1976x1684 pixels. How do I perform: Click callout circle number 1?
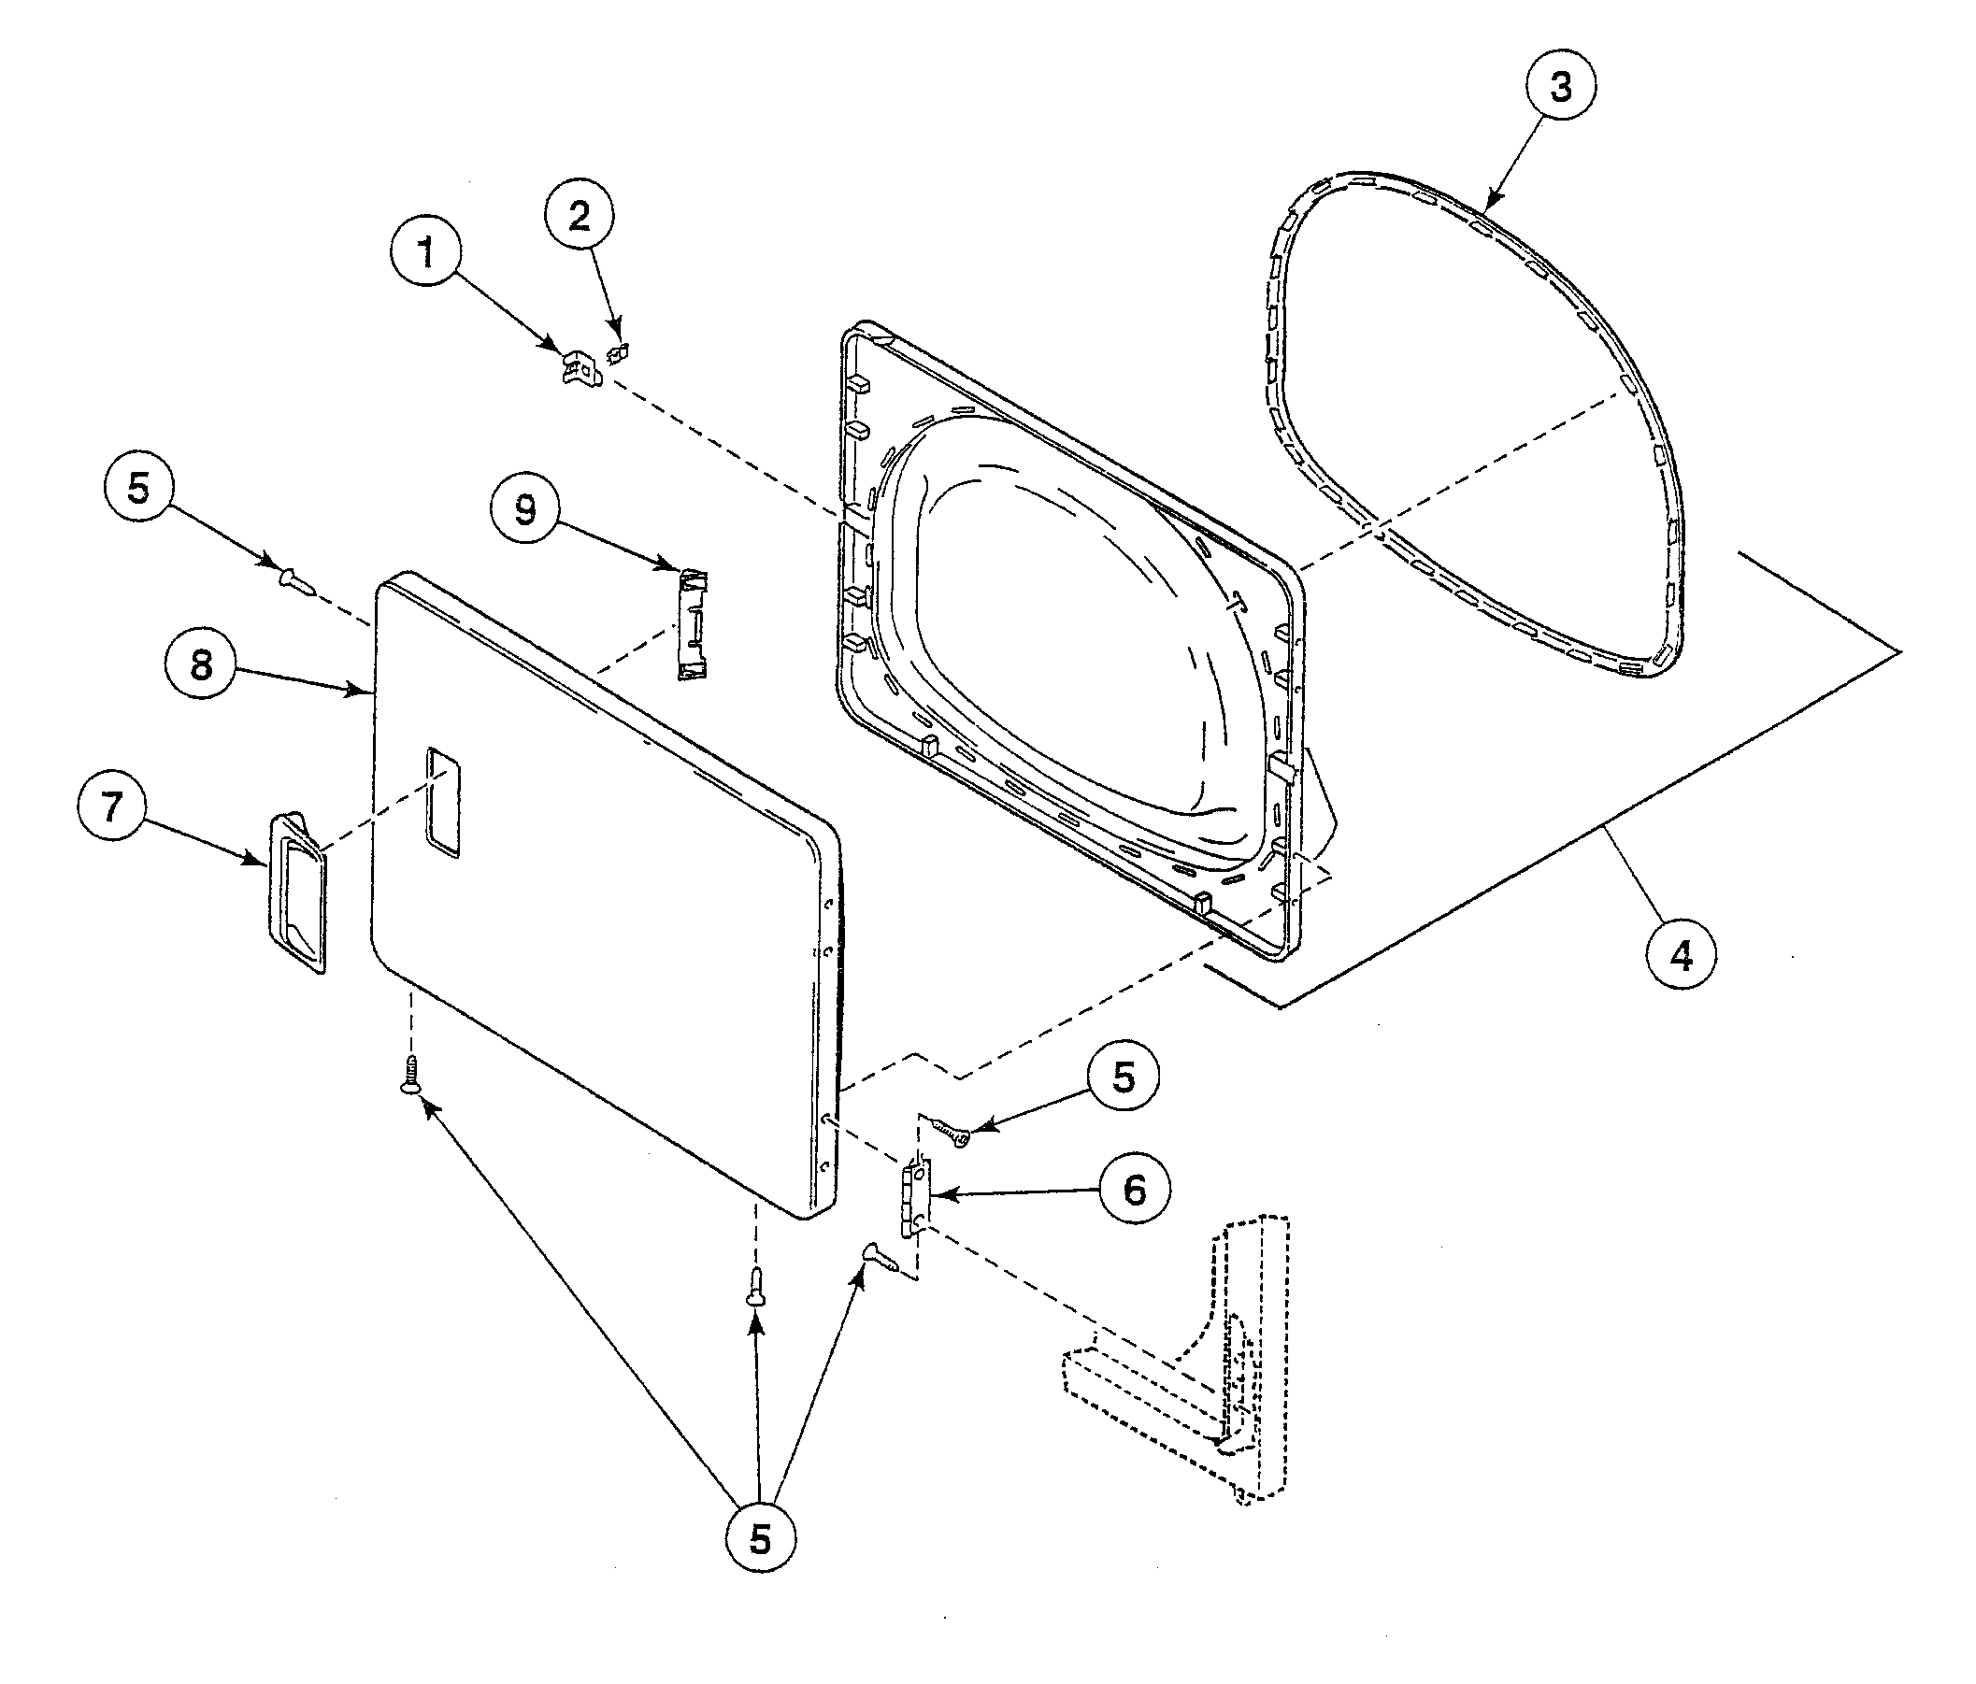coord(426,253)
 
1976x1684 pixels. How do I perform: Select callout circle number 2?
coord(579,217)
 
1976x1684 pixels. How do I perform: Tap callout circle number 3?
coord(1560,87)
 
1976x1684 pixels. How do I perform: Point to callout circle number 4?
coord(1682,954)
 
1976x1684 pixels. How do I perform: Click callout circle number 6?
coord(1135,1189)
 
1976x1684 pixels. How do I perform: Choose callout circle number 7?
coord(111,806)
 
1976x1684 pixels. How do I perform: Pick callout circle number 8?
coord(200,664)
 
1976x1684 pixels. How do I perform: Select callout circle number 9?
coord(525,510)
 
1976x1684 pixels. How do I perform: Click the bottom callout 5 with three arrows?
coord(759,1538)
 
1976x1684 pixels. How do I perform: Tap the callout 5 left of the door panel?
coord(138,488)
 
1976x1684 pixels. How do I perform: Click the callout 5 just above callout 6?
coord(1124,1077)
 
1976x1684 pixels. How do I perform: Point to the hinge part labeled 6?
coord(914,1198)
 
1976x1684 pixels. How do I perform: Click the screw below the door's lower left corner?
coord(411,1075)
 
